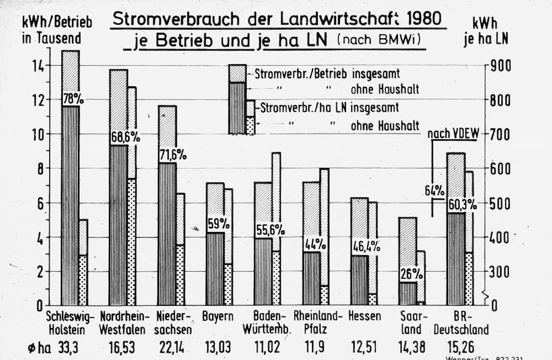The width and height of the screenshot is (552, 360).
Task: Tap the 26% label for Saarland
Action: [412, 273]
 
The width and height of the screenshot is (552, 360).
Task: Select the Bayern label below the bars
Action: [217, 317]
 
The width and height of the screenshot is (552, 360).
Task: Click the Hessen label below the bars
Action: [365, 317]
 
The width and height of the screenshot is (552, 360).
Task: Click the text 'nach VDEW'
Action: [456, 134]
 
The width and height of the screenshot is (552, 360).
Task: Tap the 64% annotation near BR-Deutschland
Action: [434, 190]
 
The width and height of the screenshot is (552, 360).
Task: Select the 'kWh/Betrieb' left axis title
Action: [57, 23]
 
